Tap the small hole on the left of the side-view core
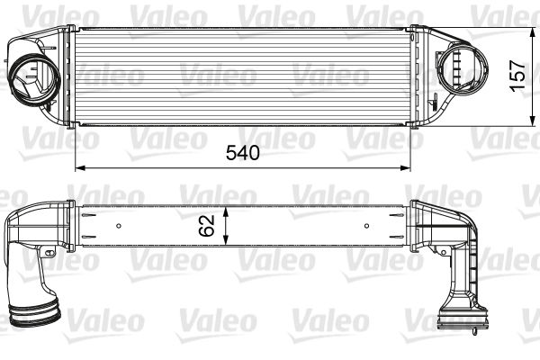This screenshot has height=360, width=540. point(119,223)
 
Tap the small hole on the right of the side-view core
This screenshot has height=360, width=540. point(365,223)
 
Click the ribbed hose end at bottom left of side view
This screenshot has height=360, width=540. point(36,316)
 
